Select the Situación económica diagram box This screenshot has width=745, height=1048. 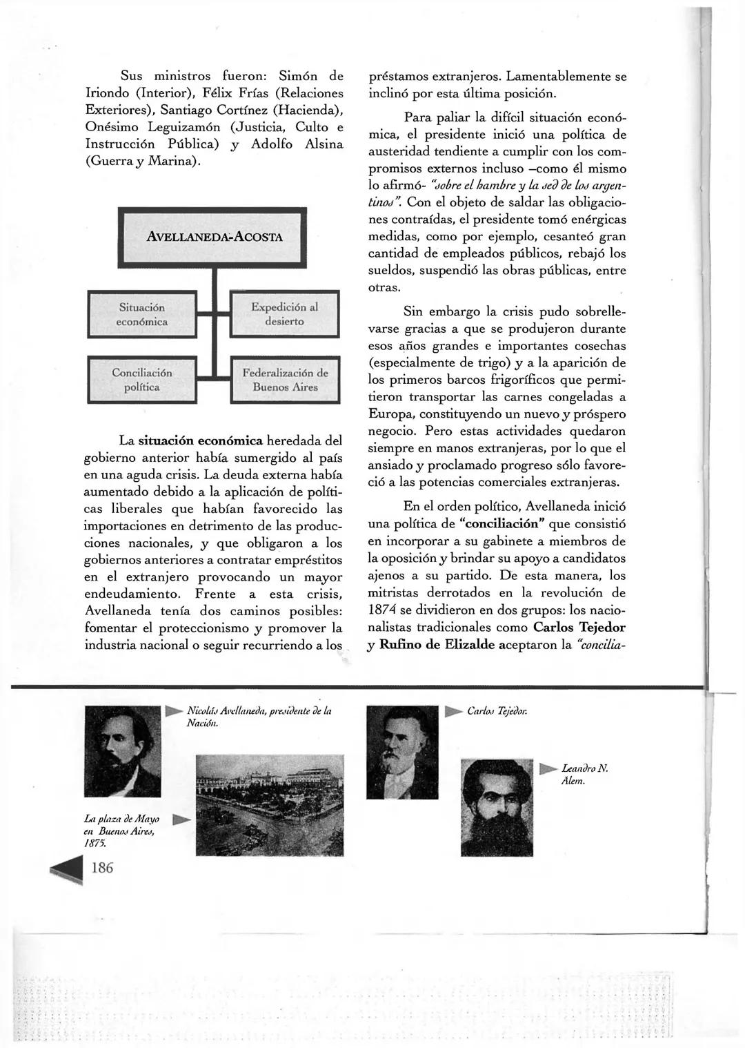point(143,314)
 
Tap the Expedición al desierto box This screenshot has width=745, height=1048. point(284,314)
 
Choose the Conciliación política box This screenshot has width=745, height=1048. point(142,380)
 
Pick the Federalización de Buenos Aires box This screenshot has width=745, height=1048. point(285,380)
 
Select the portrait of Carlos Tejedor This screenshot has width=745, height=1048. point(402,742)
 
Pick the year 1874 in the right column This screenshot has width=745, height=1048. point(382,610)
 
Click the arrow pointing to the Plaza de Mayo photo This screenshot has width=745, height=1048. point(179,819)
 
